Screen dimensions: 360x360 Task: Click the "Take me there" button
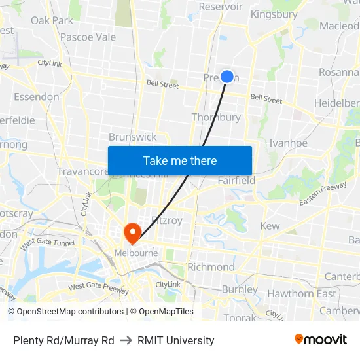click(x=180, y=160)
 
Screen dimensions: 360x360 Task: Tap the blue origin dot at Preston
click(x=227, y=77)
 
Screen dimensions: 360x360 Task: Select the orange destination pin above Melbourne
click(x=132, y=232)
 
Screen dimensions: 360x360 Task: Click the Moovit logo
click(x=321, y=340)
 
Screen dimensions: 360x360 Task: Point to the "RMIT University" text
click(x=176, y=340)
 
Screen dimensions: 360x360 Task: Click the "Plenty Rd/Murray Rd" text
click(x=63, y=340)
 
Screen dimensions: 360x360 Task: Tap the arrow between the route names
click(x=126, y=340)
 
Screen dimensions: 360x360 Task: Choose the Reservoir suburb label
click(x=221, y=7)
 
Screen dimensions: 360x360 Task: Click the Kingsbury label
click(x=274, y=14)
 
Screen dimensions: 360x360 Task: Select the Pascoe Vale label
click(x=88, y=37)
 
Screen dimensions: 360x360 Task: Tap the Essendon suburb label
click(x=36, y=97)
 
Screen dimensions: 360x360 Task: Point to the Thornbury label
click(x=216, y=117)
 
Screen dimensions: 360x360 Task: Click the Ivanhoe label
click(x=288, y=143)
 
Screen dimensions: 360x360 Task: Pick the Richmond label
click(x=211, y=267)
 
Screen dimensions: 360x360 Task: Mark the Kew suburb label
click(x=270, y=226)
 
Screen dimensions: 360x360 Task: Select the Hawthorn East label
click(x=301, y=293)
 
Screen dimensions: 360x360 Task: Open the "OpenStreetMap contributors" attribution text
click(x=70, y=312)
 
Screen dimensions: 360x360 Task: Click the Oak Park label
click(x=52, y=20)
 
